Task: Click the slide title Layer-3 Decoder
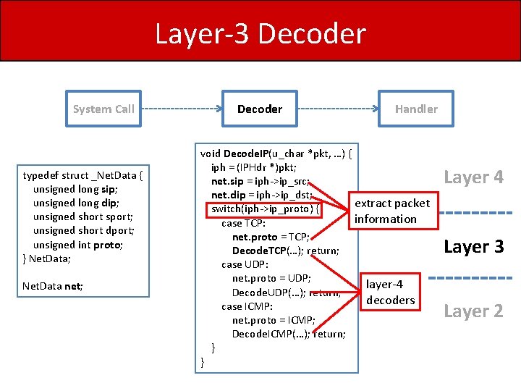(x=260, y=34)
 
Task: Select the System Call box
(x=103, y=109)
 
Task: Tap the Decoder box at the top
(x=260, y=109)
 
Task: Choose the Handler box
(x=415, y=109)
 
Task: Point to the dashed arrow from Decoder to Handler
(x=338, y=109)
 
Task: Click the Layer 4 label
(x=473, y=177)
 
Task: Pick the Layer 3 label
(x=473, y=247)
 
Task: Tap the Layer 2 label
(x=473, y=311)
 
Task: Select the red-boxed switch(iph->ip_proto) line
(x=264, y=209)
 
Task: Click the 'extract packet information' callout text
(x=391, y=211)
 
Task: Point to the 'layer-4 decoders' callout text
(x=390, y=292)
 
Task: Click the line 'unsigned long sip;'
(x=75, y=189)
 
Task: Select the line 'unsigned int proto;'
(x=78, y=244)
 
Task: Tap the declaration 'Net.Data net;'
(x=53, y=286)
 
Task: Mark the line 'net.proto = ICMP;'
(x=273, y=319)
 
